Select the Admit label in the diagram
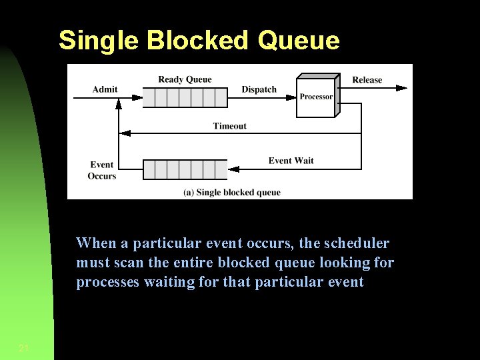105,89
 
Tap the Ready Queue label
185,79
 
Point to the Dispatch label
259,89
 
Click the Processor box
315,97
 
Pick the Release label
367,80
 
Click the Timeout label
229,126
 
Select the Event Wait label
291,161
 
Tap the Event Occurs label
101,171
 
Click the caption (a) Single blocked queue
232,193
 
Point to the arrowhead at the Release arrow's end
401,87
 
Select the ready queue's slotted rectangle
185,97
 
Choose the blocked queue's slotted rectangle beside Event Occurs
185,169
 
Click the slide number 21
24,348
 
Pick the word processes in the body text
108,282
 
